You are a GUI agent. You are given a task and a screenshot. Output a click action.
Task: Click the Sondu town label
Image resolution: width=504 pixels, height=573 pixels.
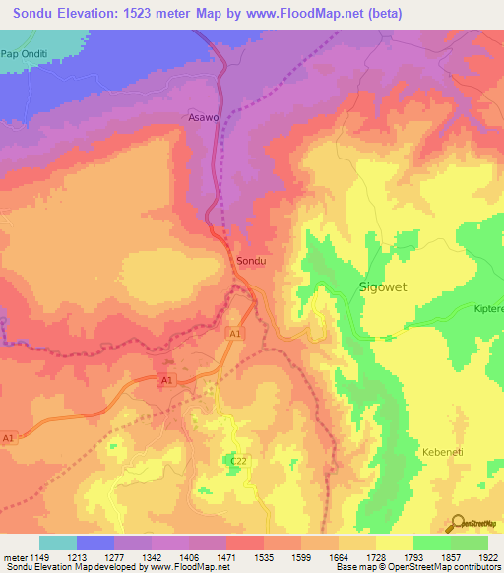pyautogui.click(x=252, y=262)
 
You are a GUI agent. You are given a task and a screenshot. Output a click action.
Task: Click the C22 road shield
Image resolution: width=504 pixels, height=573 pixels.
pyautogui.click(x=237, y=460)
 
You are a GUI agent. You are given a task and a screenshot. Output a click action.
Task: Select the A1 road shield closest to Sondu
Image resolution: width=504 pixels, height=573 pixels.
pyautogui.click(x=235, y=335)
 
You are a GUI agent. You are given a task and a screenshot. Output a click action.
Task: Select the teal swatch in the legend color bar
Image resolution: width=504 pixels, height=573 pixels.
pyautogui.click(x=57, y=541)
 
